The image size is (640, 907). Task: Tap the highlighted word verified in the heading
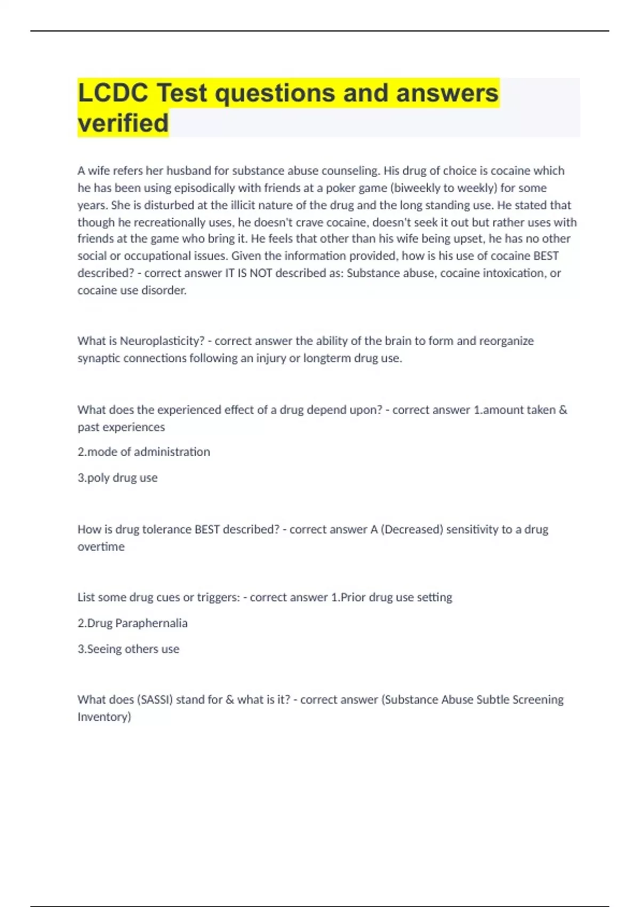[123, 123]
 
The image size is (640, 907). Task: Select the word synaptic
[99, 358]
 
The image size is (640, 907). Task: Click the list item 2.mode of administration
[144, 452]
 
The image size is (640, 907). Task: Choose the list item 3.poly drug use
[117, 478]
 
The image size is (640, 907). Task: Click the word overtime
[101, 546]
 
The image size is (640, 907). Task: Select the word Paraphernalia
[151, 623]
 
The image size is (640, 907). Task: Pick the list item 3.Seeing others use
[129, 649]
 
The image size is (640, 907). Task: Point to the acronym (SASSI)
[155, 699]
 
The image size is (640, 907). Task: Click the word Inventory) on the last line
[104, 717]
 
